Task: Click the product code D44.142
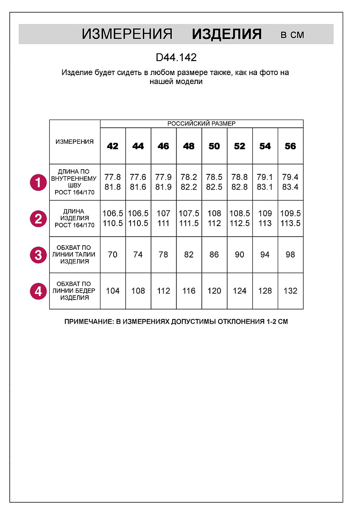[176, 57]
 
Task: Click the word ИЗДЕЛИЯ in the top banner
[226, 34]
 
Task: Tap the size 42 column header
[113, 146]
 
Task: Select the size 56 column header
[290, 146]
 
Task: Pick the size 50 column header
[214, 146]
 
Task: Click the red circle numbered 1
[38, 183]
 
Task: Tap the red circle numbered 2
[38, 219]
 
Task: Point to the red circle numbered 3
[38, 255]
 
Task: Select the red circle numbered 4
[38, 291]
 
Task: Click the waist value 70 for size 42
[113, 255]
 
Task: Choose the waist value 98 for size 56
[290, 255]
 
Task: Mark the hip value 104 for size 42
[113, 291]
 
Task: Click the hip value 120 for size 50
[214, 291]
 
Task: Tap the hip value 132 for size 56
[290, 291]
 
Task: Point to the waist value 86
[214, 255]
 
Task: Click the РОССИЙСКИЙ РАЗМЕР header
[201, 124]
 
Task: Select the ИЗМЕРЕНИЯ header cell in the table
[75, 142]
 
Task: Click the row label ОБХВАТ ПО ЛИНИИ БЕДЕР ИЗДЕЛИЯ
[75, 291]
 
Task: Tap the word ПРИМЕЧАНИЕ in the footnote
[88, 322]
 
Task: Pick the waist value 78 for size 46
[163, 255]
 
